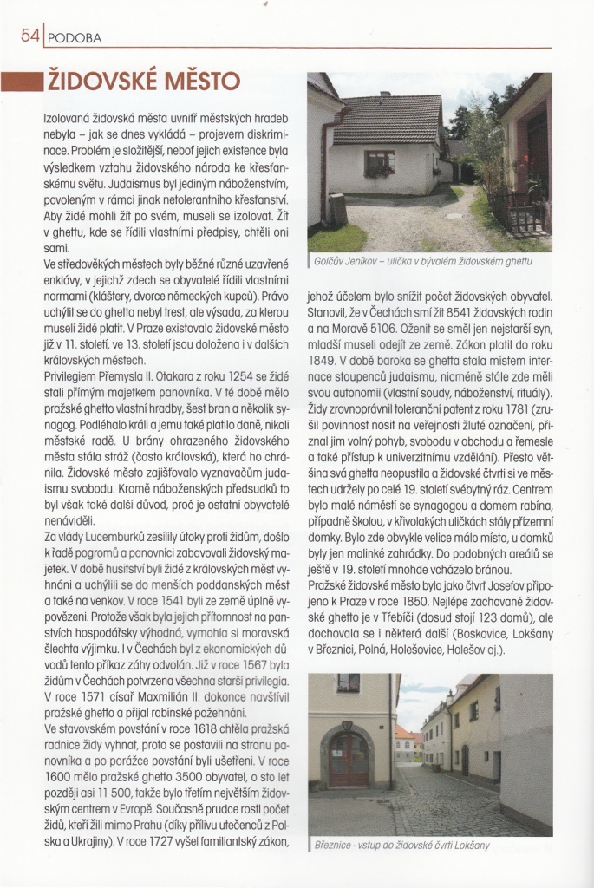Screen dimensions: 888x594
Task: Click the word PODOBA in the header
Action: (75, 38)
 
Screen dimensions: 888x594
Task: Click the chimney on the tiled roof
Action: (385, 94)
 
